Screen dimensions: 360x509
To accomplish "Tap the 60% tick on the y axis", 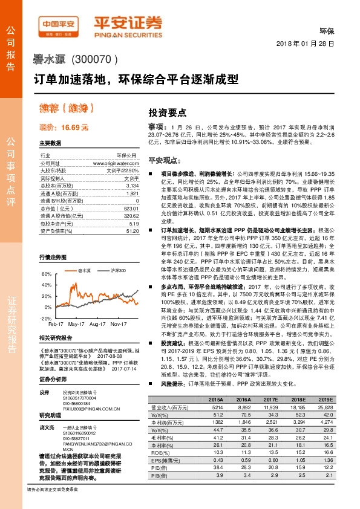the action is [46, 274].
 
